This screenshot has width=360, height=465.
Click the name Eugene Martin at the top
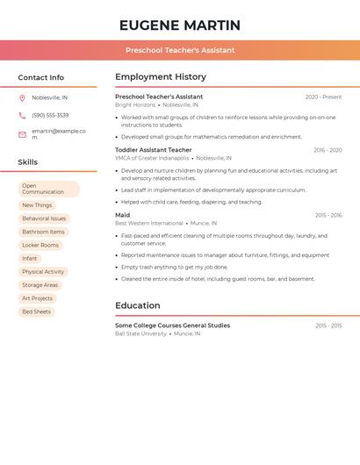coord(180,25)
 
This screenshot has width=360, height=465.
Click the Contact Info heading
coord(41,77)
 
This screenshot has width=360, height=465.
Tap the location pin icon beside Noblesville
coord(22,98)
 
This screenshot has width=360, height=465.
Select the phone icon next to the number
coord(22,115)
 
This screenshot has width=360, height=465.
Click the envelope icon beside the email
coord(22,134)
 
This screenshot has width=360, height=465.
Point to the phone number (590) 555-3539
coord(50,115)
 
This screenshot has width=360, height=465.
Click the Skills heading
coord(28,162)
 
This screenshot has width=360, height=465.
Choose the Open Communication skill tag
coord(48,189)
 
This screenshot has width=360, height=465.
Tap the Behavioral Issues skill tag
coord(44,218)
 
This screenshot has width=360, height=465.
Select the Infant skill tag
coord(30,259)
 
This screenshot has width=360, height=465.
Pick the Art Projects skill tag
coord(38,298)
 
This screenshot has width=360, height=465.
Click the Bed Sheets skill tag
coord(37,311)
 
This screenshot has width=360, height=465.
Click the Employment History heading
coord(161,77)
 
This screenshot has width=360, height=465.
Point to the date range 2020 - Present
coord(323,97)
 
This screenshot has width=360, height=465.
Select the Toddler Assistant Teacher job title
coord(154,150)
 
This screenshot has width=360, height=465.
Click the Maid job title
coord(123,215)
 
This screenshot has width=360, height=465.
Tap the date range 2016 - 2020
coord(328,150)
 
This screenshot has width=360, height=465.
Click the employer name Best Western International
coord(149,224)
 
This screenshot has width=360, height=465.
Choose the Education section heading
coord(138,306)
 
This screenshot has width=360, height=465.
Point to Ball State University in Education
coord(140,334)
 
